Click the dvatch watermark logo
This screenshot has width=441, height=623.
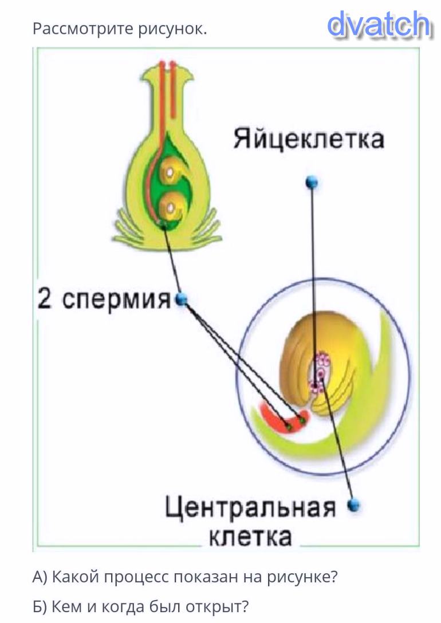click(x=379, y=25)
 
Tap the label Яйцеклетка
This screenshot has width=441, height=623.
click(x=308, y=139)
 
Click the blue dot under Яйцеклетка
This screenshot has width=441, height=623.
click(x=312, y=183)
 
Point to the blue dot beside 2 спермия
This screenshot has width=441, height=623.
click(x=182, y=299)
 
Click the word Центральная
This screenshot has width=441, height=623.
click(x=250, y=508)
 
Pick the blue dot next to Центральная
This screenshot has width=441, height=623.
click(x=355, y=505)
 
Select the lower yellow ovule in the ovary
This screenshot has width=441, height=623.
click(x=171, y=206)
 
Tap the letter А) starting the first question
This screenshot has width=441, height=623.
click(x=40, y=577)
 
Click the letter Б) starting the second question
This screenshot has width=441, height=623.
click(x=40, y=605)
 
